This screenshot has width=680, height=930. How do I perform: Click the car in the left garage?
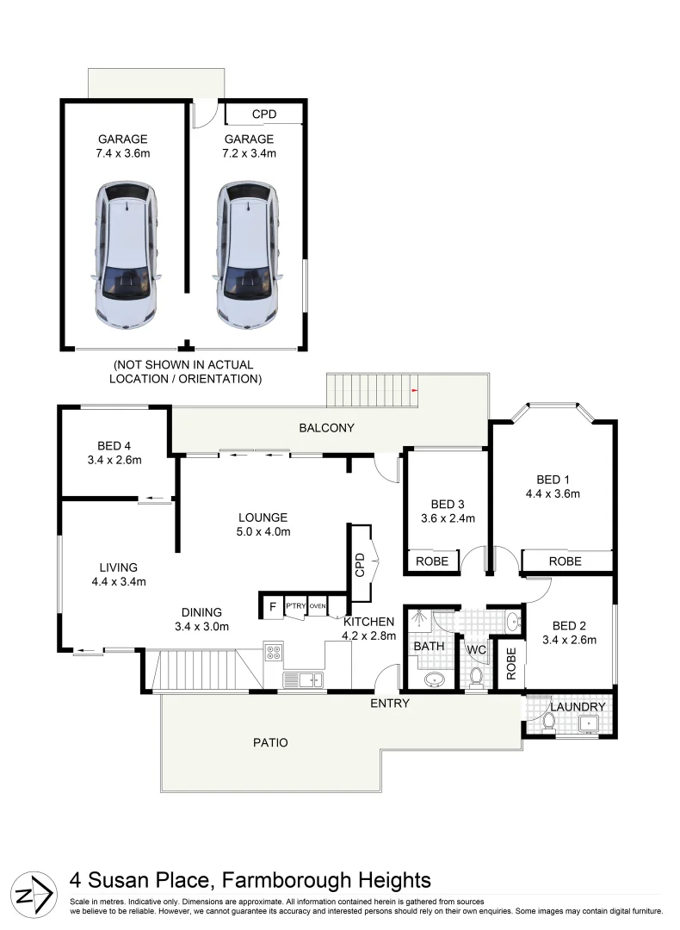[x=127, y=254]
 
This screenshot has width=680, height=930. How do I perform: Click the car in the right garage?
[x=247, y=254]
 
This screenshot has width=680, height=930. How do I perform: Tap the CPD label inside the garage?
[x=263, y=115]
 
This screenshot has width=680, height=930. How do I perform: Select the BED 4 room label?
[x=114, y=446]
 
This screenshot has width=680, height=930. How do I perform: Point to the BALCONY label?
[x=327, y=428]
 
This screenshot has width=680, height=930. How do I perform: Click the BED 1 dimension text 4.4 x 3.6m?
[x=553, y=493]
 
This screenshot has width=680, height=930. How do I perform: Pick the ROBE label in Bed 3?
[x=432, y=561]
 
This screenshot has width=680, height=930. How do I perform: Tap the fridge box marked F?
[x=273, y=607]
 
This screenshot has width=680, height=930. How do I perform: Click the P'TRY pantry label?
[x=296, y=605]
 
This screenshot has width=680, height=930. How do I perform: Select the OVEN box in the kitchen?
[x=318, y=606]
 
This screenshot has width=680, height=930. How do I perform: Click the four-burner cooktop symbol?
[x=274, y=653]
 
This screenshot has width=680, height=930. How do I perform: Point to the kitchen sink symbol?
[x=303, y=679]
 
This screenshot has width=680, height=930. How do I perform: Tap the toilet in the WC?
[x=476, y=676]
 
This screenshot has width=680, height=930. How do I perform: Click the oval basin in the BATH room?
[x=435, y=679]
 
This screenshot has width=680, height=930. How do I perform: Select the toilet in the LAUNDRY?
[x=549, y=722]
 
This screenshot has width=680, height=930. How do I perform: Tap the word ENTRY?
[x=390, y=704]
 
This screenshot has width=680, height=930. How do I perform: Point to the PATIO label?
[x=270, y=742]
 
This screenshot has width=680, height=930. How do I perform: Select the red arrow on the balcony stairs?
[x=415, y=390]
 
